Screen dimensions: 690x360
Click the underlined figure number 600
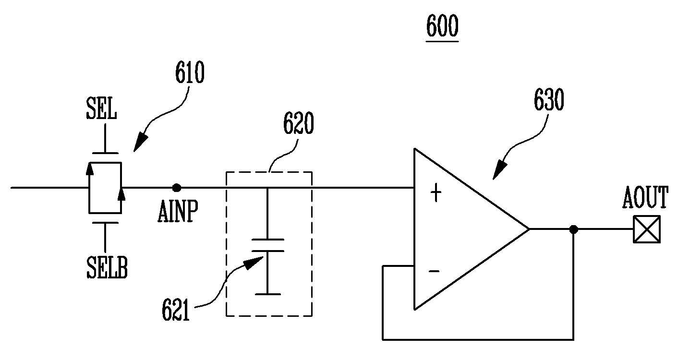tap(442, 26)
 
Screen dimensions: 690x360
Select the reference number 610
tap(190, 72)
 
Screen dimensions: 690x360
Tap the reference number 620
tap(299, 123)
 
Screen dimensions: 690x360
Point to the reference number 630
tap(549, 99)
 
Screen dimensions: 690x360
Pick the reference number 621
tap(176, 310)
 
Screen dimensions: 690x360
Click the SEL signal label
tap(101, 108)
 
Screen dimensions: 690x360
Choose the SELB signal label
tap(107, 268)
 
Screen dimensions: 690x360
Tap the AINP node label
tap(178, 211)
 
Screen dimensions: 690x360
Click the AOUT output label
tap(645, 197)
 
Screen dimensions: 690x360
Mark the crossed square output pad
tap(647, 229)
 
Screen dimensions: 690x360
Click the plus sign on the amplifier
tap(436, 192)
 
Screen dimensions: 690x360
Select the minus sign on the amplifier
tap(434, 271)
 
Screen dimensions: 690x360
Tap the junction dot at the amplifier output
tap(573, 229)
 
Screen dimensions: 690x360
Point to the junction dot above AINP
tap(177, 188)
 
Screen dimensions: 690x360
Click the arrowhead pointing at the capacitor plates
tap(254, 263)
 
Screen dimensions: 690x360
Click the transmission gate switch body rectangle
tap(105, 188)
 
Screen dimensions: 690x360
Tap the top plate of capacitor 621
tap(267, 240)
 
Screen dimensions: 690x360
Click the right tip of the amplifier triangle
tap(529, 229)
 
